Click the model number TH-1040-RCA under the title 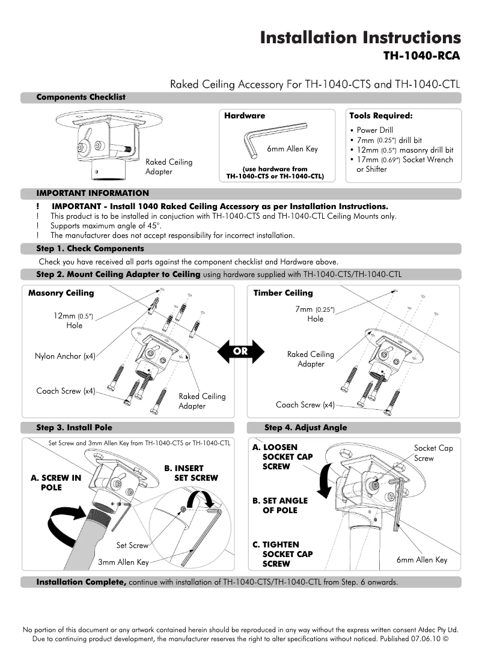pyautogui.click(x=421, y=56)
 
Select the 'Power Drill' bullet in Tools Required pyautogui.click(x=374, y=130)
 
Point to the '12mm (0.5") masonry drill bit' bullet pyautogui.click(x=404, y=150)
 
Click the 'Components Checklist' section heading pyautogui.click(x=81, y=97)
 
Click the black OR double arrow pyautogui.click(x=240, y=351)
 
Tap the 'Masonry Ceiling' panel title pyautogui.click(x=61, y=293)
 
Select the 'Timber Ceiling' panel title pyautogui.click(x=283, y=293)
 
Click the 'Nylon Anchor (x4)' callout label pyautogui.click(x=66, y=356)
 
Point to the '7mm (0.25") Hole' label pyautogui.click(x=315, y=314)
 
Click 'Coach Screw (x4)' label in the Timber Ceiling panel pyautogui.click(x=305, y=405)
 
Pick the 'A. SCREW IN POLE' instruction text pyautogui.click(x=56, y=483)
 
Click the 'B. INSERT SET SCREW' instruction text pyautogui.click(x=191, y=473)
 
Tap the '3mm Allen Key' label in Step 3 pyautogui.click(x=123, y=562)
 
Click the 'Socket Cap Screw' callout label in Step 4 pyautogui.click(x=433, y=453)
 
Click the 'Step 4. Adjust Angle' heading pyautogui.click(x=305, y=428)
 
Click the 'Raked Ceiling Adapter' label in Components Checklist pyautogui.click(x=169, y=166)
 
